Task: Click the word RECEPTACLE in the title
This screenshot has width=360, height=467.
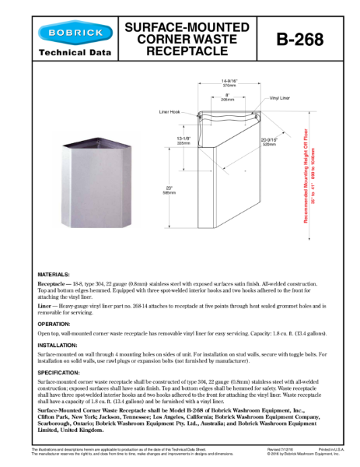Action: [187, 51]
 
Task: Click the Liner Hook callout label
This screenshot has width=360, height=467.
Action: [170, 113]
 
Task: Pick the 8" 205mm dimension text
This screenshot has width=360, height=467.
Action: [227, 97]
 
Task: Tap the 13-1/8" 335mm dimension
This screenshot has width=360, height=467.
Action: [183, 141]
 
